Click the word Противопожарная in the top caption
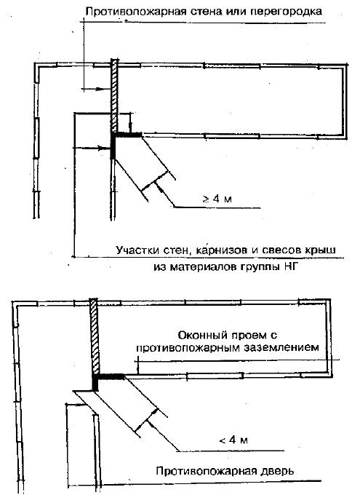[136, 12]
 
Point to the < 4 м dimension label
[233, 440]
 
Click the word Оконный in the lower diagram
[202, 336]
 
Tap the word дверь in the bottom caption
[277, 471]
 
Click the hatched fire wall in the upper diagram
[114, 95]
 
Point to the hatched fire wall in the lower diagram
[95, 336]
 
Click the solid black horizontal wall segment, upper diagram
[128, 135]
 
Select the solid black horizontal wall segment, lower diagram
[111, 376]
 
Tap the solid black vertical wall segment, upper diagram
[113, 146]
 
